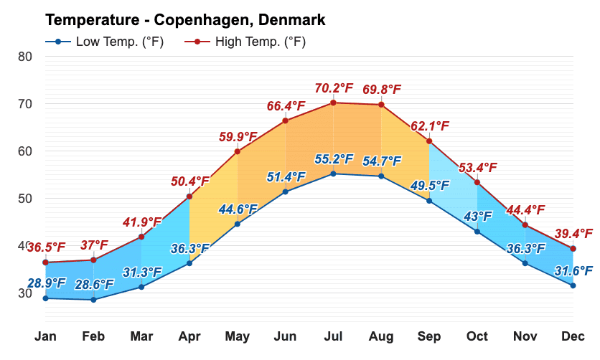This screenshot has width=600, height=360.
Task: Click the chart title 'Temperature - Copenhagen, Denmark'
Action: pyautogui.click(x=185, y=19)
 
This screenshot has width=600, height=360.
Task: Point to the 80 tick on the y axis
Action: pyautogui.click(x=25, y=56)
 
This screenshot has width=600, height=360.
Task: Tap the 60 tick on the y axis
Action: pyautogui.click(x=25, y=151)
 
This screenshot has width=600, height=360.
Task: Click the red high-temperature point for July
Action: pyautogui.click(x=333, y=103)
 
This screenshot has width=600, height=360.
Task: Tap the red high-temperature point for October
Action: pyautogui.click(x=477, y=182)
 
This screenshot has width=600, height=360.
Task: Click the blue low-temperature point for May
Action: pyautogui.click(x=238, y=224)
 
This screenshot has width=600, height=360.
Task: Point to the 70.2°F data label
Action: pyautogui.click(x=334, y=88)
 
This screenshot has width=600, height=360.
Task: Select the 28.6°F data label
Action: pyautogui.click(x=94, y=285)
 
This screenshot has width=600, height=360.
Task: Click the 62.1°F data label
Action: pyautogui.click(x=430, y=126)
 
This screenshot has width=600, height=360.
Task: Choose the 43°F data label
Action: pyautogui.click(x=477, y=216)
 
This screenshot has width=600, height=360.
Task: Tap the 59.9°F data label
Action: pyautogui.click(x=238, y=136)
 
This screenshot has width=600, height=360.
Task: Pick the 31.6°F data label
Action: pyautogui.click(x=573, y=270)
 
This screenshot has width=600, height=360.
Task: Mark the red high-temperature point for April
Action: pyautogui.click(x=189, y=196)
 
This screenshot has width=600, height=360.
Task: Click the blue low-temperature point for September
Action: pyautogui.click(x=429, y=201)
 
